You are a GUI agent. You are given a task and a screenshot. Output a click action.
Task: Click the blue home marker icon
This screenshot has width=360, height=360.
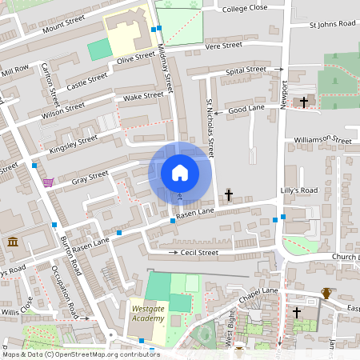pyautogui.click(x=180, y=172)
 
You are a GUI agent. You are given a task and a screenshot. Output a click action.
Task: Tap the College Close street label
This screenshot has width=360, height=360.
pyautogui.click(x=245, y=8)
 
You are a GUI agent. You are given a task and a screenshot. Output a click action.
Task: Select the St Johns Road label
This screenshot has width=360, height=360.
pyautogui.click(x=333, y=25)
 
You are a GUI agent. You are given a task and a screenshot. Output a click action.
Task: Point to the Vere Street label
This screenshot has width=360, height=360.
pyautogui.click(x=223, y=46)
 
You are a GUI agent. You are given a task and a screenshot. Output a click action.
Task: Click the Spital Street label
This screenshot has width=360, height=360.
pyautogui.click(x=246, y=70)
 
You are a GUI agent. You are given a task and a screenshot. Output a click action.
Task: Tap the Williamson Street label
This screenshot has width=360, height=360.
pyautogui.click(x=322, y=140)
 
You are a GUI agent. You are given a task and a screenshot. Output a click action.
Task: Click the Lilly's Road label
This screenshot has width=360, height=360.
pyautogui.click(x=299, y=190)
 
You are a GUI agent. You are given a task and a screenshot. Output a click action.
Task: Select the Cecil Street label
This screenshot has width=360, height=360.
pyautogui.click(x=199, y=253)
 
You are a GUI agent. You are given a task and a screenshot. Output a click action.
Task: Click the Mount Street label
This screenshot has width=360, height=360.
pyautogui.click(x=64, y=23)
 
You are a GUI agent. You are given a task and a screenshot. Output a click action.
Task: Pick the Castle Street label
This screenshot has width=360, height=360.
pyautogui.click(x=86, y=80)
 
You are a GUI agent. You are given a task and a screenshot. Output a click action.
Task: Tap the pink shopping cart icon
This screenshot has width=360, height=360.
pyautogui.click(x=48, y=182)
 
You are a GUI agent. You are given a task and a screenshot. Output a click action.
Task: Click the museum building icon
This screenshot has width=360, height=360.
pyautogui.click(x=13, y=242)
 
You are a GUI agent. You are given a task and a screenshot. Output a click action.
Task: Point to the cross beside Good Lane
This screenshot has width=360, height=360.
pyautogui.click(x=304, y=102)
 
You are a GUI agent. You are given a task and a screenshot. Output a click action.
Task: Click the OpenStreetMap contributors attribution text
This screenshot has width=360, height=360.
pyautogui.click(x=80, y=354)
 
